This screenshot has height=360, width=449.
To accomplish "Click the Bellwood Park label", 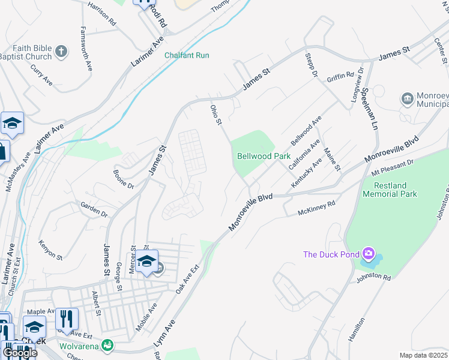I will [264, 156].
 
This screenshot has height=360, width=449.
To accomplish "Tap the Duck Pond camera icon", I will [369, 254].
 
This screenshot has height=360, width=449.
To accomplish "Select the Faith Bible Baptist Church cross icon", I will [61, 52].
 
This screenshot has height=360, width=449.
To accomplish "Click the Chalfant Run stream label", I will [187, 55].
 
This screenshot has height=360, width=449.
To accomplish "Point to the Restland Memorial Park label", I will [390, 190].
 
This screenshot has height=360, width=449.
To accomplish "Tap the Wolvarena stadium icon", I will [107, 344].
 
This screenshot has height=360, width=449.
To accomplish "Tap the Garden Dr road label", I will [94, 209].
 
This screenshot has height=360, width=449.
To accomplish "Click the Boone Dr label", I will [124, 178].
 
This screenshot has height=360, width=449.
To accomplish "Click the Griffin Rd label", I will [340, 77].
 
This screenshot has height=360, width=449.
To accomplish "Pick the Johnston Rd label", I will [373, 278].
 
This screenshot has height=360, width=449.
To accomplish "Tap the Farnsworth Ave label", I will [87, 49].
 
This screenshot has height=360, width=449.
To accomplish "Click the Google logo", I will [20, 353].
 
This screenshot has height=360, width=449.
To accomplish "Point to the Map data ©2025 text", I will [424, 355].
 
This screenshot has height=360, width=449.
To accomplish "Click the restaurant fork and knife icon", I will [67, 318].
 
